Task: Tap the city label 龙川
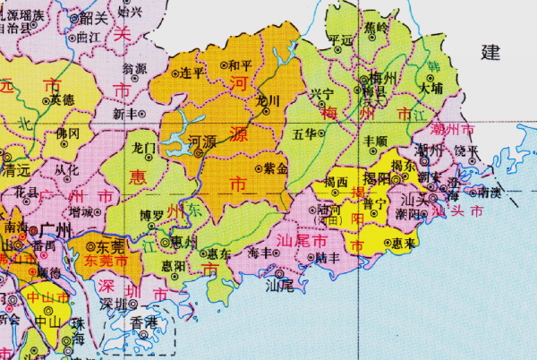pos(268,99)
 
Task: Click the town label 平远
pos(341,40)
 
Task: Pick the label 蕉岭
pos(377,28)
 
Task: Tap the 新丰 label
pos(128,114)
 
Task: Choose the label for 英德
pos(62,99)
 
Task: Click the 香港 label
pos(143,320)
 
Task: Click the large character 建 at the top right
pos(490,52)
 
